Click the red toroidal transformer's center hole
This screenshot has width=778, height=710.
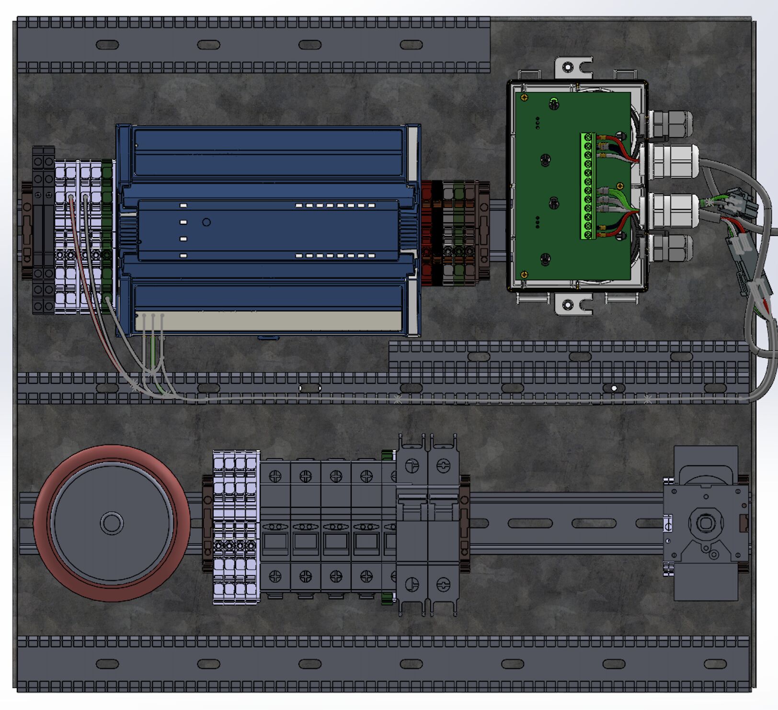(112, 523)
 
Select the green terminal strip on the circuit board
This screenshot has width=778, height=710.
(588, 186)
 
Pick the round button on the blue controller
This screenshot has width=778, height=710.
(206, 222)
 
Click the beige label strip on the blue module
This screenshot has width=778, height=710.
(268, 321)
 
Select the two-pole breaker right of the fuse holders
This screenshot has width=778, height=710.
(428, 525)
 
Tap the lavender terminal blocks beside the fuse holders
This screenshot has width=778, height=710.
(236, 527)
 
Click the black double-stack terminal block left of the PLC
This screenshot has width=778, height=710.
(43, 230)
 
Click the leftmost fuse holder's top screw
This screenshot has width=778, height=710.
(275, 476)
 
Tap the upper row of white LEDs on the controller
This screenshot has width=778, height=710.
(335, 206)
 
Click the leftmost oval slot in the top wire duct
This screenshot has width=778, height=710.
(107, 45)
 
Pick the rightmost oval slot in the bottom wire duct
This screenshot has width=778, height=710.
(715, 664)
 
